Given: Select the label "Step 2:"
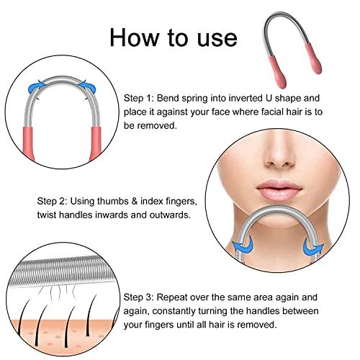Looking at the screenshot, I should pos(33,202).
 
